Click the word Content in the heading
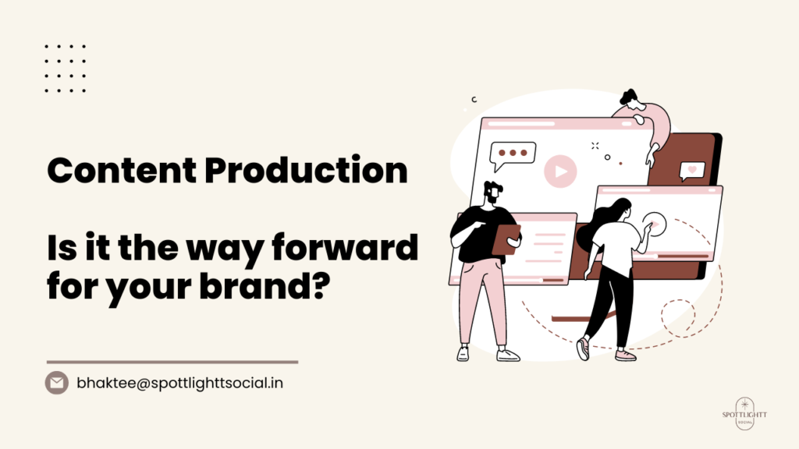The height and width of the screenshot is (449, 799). coord(122,170)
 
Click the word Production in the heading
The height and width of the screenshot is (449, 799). coord(306,170)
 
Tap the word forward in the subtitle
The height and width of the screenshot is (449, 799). coord(345,247)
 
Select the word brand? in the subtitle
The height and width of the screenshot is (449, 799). coord(265,287)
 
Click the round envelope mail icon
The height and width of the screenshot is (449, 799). coord(56,383)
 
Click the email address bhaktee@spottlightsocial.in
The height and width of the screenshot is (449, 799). coord(180,383)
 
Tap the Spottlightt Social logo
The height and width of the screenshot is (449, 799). coord(744,414)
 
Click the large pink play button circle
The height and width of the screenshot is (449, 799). coord(560,171)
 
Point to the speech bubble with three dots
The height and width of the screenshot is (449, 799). coord(512,155)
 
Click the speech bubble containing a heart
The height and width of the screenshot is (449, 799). coord(692,171)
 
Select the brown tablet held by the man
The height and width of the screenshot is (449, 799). coord(506,239)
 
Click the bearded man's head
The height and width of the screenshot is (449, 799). coord(493,193)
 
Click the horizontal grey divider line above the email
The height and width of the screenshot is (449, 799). coord(172,362)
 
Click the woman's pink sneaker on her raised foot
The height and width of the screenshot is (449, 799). coord(583,348)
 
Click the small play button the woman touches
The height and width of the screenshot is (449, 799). coord(655,224)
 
